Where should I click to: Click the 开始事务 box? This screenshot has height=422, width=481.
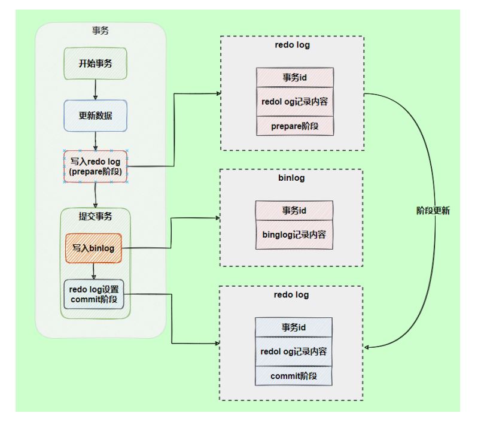click(x=95, y=63)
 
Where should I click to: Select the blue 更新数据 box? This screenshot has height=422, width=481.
click(x=95, y=116)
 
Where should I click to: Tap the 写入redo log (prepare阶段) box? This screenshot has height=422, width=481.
click(x=95, y=166)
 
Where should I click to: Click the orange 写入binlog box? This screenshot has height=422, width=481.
click(x=93, y=248)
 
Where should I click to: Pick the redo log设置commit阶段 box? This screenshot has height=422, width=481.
click(x=94, y=294)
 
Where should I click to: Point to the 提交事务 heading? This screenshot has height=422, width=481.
click(x=95, y=216)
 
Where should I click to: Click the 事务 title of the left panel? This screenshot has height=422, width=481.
click(x=101, y=31)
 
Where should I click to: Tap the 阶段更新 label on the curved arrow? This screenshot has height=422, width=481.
click(x=433, y=211)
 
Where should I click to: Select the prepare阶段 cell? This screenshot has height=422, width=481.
click(x=295, y=126)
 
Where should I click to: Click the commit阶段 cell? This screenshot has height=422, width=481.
click(x=294, y=376)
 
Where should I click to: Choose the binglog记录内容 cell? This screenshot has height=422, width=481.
click(x=294, y=235)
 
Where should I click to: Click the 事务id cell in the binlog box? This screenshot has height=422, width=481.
click(x=294, y=211)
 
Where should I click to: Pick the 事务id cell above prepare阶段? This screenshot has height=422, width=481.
click(x=295, y=77)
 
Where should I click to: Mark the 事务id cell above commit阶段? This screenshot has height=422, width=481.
click(x=294, y=327)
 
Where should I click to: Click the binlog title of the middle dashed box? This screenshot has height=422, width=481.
click(x=291, y=178)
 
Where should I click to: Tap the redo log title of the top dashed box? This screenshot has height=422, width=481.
click(x=293, y=45)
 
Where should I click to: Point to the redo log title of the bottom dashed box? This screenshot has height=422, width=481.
click(x=291, y=295)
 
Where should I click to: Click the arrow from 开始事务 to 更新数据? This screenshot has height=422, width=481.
click(x=95, y=90)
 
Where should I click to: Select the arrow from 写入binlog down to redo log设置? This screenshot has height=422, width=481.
click(x=93, y=271)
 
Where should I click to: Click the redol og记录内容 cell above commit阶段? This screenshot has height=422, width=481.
click(x=294, y=351)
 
